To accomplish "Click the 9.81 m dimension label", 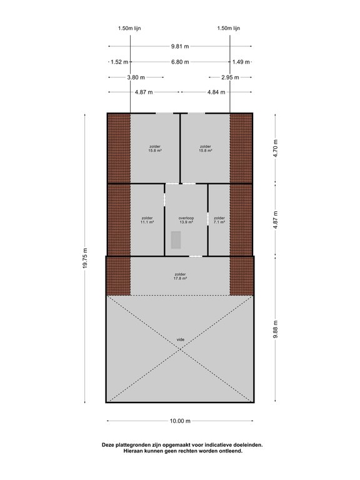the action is click(180, 46).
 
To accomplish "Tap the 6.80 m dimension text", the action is click(180, 62).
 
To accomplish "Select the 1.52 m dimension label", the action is click(119, 62).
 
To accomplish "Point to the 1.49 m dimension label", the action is click(241, 62).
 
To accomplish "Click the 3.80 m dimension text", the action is click(136, 77).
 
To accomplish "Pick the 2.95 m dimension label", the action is click(230, 77).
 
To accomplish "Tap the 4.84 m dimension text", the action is click(216, 92).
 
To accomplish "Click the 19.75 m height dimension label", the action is click(85, 258).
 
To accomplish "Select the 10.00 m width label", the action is click(180, 421).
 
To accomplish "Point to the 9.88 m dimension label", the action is click(276, 329).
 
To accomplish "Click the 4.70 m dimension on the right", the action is click(276, 149).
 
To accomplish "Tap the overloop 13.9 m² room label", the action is click(186, 220).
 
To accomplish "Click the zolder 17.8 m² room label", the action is click(180, 276).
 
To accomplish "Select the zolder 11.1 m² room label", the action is click(147, 220).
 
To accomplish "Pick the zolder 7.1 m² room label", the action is click(219, 220).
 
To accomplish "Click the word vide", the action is click(181, 339).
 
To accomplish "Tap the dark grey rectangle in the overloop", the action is click(176, 240).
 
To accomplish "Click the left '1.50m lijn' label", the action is click(129, 29).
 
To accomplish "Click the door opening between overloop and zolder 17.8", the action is click(196, 256).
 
